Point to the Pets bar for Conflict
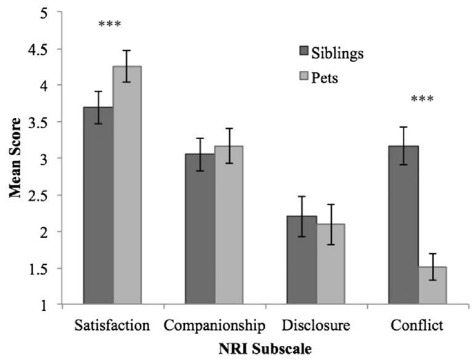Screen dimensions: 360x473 pos(432,286)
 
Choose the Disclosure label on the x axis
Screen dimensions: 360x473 pos(316,324)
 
